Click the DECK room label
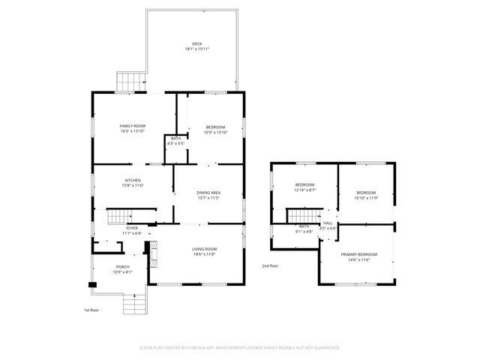coord(196,43)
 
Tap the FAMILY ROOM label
coord(132,125)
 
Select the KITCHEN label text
coord(133,180)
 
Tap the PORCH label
coord(122,266)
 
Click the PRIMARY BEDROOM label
coord(358,254)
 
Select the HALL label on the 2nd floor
coord(328,223)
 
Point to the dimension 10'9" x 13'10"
coord(215,131)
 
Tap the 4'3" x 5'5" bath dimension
coord(175,143)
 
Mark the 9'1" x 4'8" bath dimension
coord(304,232)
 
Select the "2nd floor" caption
coord(270,265)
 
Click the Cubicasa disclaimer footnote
coord(240,348)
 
